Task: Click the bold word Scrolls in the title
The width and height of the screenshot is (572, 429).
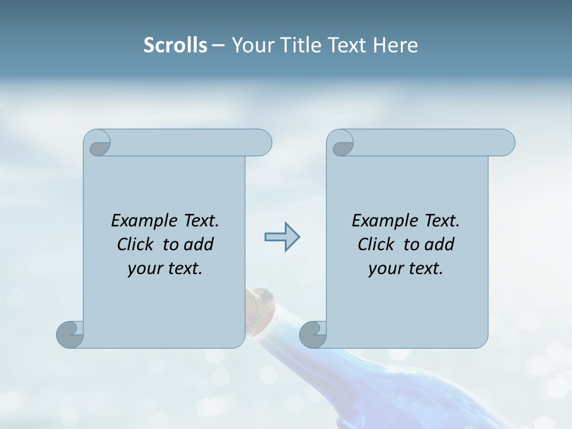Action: click(x=176, y=45)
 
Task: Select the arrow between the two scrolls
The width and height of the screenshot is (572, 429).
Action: click(x=282, y=237)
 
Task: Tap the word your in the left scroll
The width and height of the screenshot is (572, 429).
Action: click(x=144, y=269)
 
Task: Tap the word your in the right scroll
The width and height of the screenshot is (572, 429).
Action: click(x=385, y=269)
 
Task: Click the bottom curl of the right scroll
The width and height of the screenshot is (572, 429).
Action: click(x=313, y=335)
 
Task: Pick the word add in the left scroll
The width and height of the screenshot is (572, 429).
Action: click(x=200, y=244)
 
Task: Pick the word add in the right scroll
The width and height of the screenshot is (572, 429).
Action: click(x=440, y=244)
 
